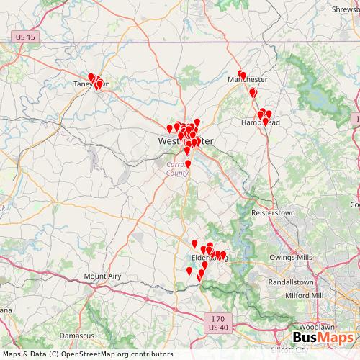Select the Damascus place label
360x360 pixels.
[x=77, y=336]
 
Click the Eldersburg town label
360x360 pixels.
[x=209, y=257]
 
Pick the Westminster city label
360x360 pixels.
[x=185, y=141]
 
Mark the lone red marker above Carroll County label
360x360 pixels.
[x=189, y=164]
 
